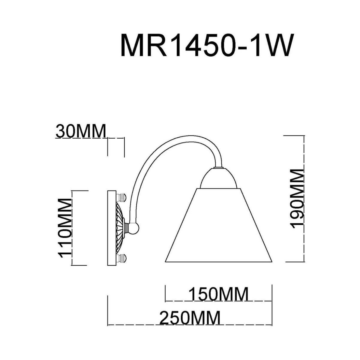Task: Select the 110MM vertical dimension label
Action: coord(65,228)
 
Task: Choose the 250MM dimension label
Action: coord(190,318)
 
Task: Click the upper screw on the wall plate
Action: coord(122,197)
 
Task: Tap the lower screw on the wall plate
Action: coord(122,258)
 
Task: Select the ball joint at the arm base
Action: coord(133,228)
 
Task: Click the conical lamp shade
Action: coord(218,228)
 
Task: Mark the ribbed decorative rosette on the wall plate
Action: coord(119,227)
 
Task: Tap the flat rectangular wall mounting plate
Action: coord(111,227)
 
